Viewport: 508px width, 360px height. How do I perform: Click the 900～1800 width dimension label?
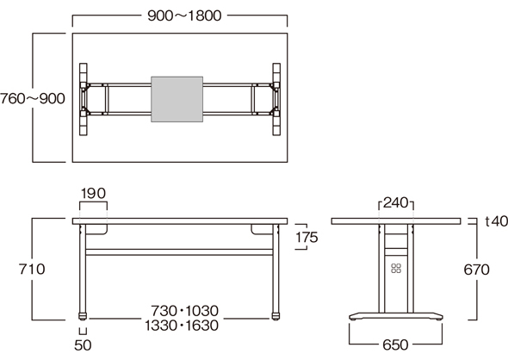click(184, 16)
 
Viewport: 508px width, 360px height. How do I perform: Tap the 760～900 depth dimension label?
click(33, 98)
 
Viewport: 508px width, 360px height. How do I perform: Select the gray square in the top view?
click(177, 99)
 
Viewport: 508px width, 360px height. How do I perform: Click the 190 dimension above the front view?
click(93, 194)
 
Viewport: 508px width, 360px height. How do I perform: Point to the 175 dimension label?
click(307, 238)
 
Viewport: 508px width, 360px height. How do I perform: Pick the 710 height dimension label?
click(32, 270)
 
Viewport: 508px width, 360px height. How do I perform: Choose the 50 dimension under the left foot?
click(83, 345)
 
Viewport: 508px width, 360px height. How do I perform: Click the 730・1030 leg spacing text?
click(184, 311)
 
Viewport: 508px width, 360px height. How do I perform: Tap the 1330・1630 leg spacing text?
click(182, 326)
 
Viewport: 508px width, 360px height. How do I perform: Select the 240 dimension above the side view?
click(396, 203)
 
